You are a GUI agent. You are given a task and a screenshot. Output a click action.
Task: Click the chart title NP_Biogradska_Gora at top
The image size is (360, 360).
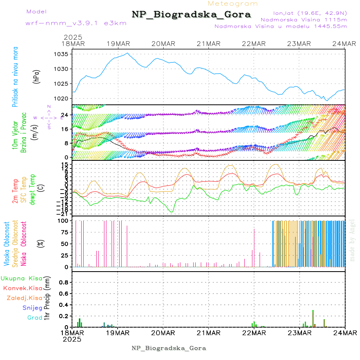click(x=191, y=15)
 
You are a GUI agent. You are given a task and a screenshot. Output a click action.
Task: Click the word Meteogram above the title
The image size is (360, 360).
click(x=233, y=4)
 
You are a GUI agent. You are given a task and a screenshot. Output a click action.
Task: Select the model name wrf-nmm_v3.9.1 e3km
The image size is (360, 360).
click(x=76, y=23)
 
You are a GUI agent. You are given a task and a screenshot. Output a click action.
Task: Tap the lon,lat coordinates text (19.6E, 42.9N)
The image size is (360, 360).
click(x=310, y=13)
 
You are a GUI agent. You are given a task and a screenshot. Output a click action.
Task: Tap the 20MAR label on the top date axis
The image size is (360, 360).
click(x=163, y=44)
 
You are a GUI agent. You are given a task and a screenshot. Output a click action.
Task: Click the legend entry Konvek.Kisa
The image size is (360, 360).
click(x=22, y=288)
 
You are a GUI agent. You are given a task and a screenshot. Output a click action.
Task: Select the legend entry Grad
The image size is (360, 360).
click(x=35, y=318)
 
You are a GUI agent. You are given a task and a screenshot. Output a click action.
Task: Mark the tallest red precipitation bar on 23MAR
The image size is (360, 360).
click(x=313, y=318)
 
